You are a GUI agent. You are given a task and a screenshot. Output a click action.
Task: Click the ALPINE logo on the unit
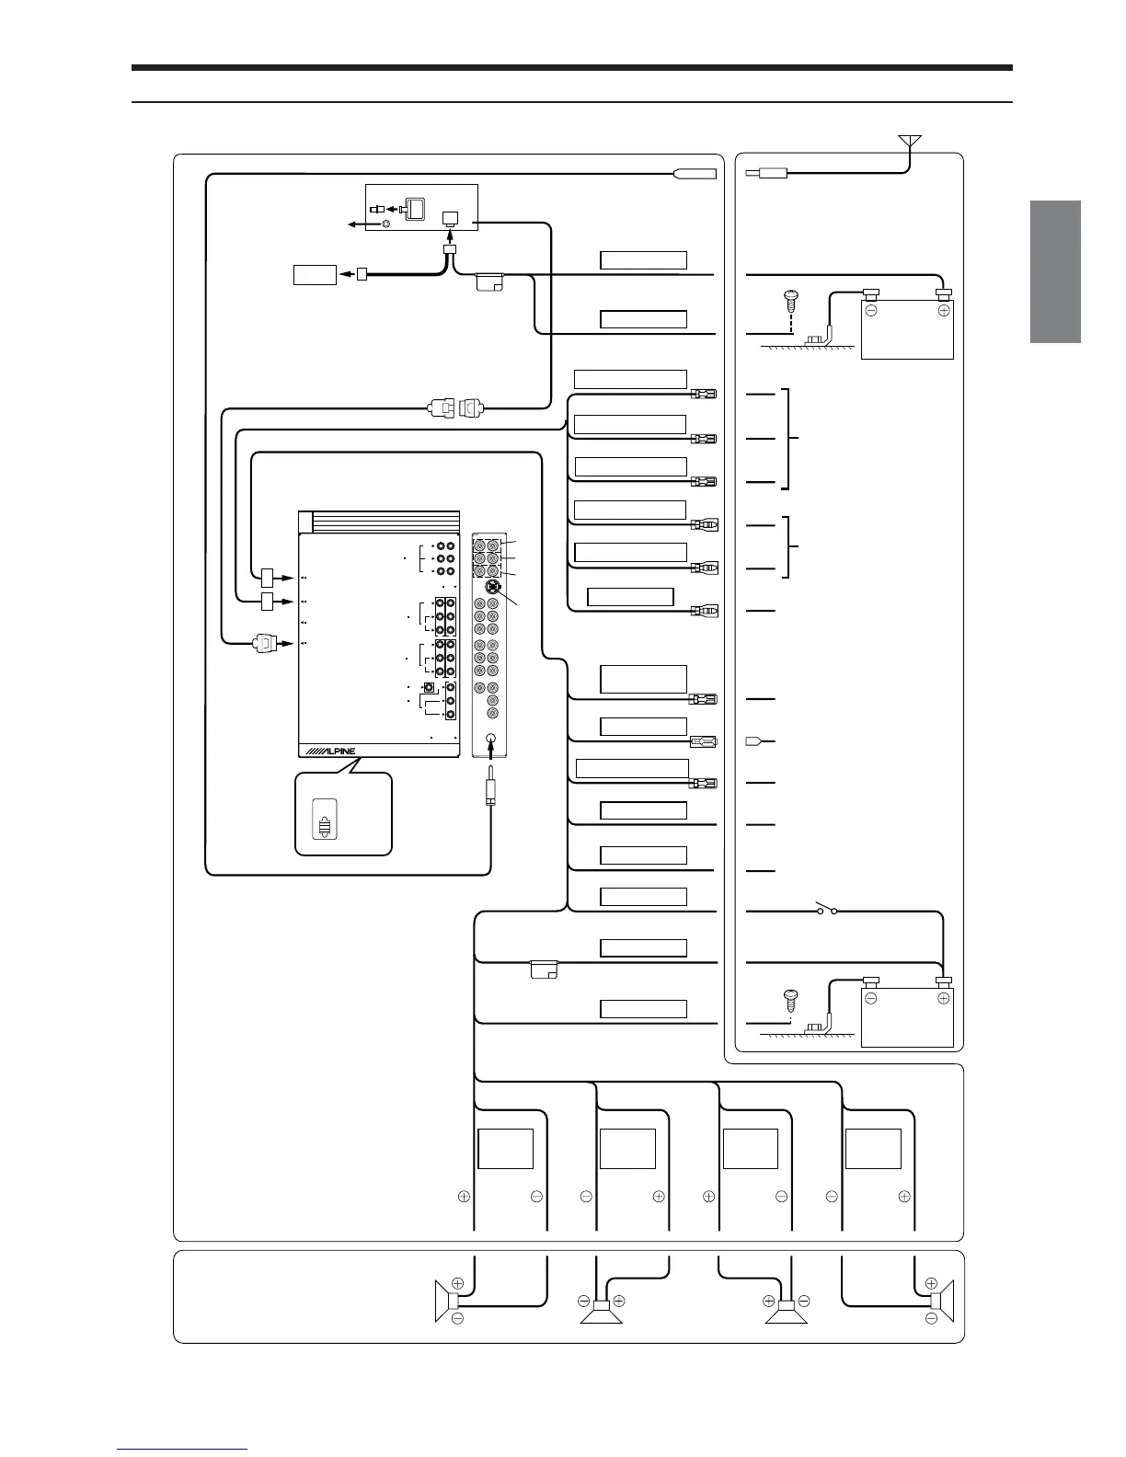click(x=330, y=751)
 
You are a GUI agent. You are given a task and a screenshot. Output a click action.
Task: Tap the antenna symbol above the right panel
click(x=910, y=142)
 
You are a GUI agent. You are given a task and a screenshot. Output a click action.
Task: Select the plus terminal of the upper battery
click(x=943, y=310)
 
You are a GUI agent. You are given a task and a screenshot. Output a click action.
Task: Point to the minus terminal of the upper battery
click(x=870, y=310)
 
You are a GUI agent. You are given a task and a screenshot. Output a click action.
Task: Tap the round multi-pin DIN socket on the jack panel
click(x=493, y=587)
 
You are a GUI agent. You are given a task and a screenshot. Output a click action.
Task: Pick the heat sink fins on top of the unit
click(x=385, y=522)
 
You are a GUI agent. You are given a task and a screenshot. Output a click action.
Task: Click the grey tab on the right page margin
click(x=1055, y=271)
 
